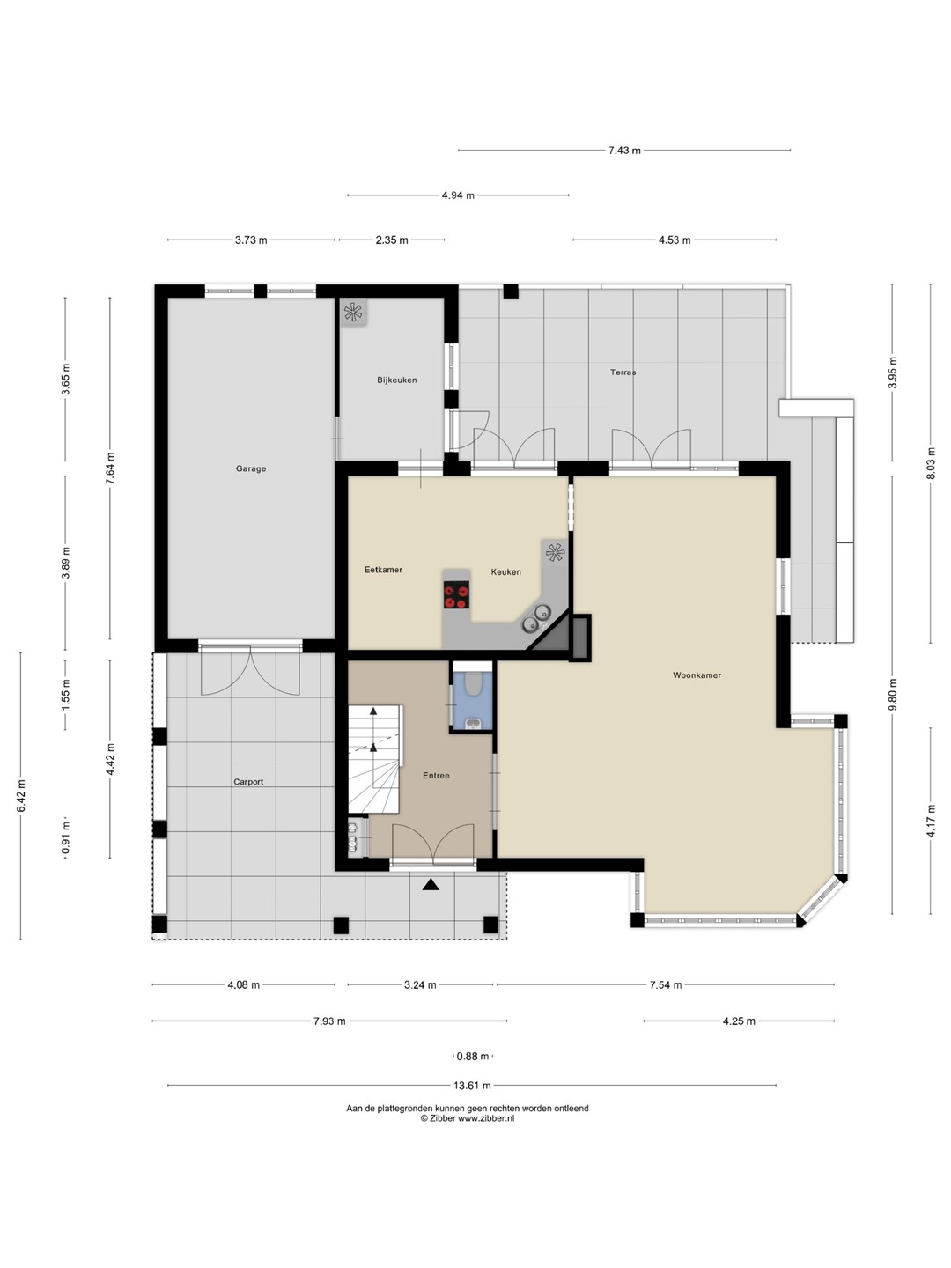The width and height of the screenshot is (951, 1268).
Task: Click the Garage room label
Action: pos(251,468)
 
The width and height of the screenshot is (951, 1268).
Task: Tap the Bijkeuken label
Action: pos(396,380)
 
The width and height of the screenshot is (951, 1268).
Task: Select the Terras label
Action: pos(623,372)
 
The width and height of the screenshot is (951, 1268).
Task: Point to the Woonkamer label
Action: pos(697,675)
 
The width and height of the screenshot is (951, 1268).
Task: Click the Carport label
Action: pos(248,782)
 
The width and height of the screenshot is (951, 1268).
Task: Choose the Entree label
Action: pos(436,775)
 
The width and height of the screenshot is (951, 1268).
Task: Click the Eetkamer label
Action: pos(383,570)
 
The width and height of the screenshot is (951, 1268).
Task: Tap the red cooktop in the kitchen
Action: pos(456,595)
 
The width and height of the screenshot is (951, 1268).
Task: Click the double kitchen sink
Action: pos(536,617)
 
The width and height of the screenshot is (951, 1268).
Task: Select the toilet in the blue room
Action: pos(473,682)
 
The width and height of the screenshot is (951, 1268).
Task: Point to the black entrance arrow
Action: pos(431,884)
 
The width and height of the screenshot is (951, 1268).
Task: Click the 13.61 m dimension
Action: pos(472,1086)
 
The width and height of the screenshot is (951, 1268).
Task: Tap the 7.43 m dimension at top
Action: pos(624,151)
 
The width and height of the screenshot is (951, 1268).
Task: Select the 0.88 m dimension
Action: pos(472,1057)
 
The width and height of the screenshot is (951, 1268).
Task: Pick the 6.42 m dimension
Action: pos(21,796)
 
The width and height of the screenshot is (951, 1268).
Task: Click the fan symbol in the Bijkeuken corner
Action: pos(353,313)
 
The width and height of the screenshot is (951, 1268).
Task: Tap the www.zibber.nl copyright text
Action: pos(468,1117)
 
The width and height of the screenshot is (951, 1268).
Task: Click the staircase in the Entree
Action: pos(374,759)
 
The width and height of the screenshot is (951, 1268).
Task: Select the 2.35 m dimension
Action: pos(392,240)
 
